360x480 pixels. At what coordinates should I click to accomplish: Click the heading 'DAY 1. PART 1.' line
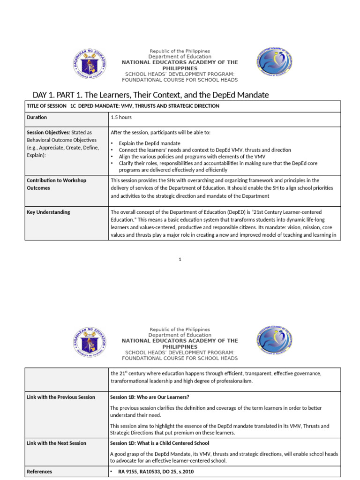tap(150, 95)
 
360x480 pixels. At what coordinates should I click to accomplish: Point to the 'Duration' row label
tap(37, 117)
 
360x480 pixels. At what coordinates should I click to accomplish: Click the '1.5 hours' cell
tap(121, 117)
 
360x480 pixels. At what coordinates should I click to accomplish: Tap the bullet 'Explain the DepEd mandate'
tap(149, 143)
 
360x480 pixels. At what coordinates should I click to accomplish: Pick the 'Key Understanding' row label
tap(48, 212)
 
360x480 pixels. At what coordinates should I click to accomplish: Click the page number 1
tap(180, 260)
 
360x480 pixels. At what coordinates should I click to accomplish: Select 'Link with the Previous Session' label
tap(60, 397)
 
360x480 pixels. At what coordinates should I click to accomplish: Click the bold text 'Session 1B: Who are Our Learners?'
tap(150, 397)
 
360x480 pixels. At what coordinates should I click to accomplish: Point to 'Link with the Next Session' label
tap(56, 443)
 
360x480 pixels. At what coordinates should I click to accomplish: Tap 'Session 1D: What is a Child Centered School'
tap(159, 443)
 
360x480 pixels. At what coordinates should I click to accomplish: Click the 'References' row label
tap(39, 472)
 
